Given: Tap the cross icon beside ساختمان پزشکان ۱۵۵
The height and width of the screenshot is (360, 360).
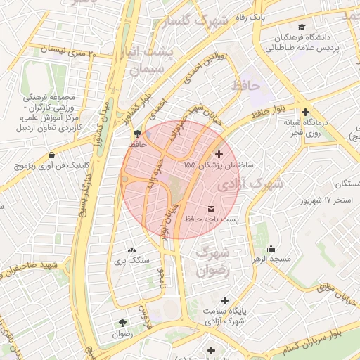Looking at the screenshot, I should pos(219,153).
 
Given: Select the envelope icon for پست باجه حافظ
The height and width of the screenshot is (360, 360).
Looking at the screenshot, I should pos(212,209).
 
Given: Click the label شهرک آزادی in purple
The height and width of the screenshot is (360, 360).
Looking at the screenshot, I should pos(251,184).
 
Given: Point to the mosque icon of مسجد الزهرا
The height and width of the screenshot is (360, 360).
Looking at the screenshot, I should pos(271,248).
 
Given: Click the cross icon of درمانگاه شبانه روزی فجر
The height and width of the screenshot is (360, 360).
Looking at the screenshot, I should pos(304,112).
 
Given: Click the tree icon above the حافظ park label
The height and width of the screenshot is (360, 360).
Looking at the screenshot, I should pos(136,133).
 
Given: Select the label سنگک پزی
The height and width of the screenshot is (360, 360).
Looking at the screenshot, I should pos(131,260).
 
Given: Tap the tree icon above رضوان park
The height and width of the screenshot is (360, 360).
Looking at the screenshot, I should pos(122,323).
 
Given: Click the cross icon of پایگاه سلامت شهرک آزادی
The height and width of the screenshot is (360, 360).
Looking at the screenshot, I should pos(224,300).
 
